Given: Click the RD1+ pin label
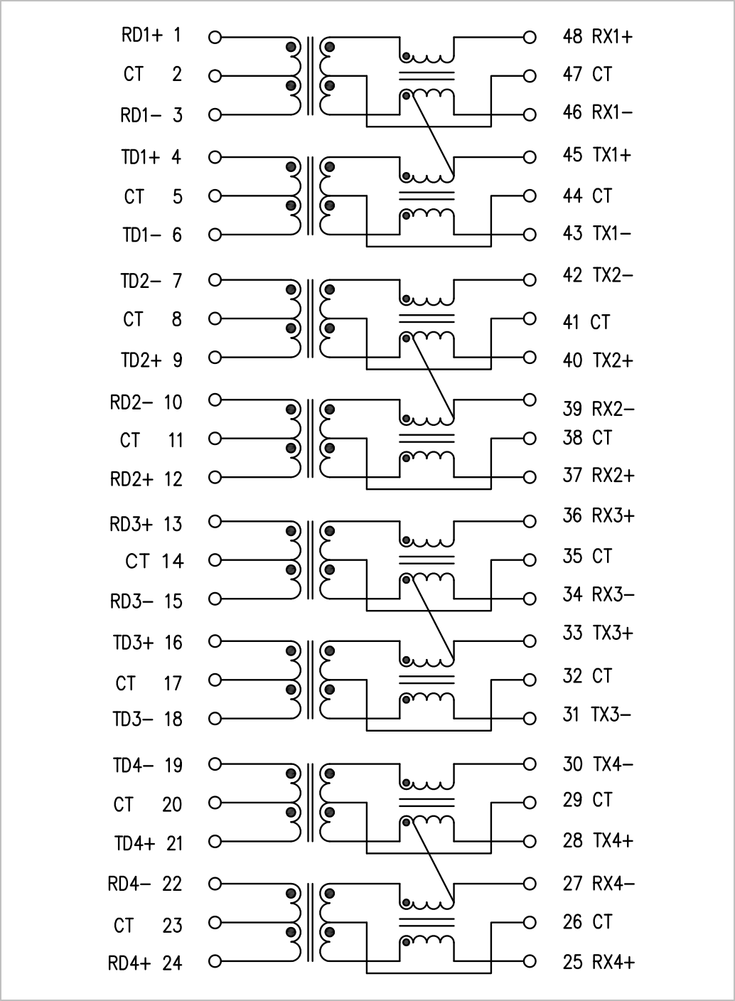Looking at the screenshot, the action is point(141,36).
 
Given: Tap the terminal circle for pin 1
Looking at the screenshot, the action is point(215,38).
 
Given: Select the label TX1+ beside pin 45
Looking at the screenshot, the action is point(612,155).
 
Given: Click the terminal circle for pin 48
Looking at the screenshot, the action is point(530,38).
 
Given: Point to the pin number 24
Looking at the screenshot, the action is point(173,963).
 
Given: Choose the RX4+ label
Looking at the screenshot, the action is point(613,962).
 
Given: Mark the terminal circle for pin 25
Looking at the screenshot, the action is point(530,961).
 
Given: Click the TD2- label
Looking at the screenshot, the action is point(141,281).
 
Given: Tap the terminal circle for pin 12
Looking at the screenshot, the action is point(215,477).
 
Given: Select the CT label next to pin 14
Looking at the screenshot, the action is point(136,561).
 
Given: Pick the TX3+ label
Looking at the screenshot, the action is point(613,633).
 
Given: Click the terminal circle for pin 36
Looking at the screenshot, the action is point(530,521).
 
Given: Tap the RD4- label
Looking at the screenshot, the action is point(129,884).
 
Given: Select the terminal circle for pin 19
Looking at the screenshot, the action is point(215,764).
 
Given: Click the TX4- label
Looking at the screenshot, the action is point(613,764).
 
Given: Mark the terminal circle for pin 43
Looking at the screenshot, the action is point(530,235).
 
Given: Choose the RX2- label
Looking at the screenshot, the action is point(613,409).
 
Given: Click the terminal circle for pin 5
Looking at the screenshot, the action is point(215,196).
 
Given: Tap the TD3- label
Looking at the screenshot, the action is point(133,719).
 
